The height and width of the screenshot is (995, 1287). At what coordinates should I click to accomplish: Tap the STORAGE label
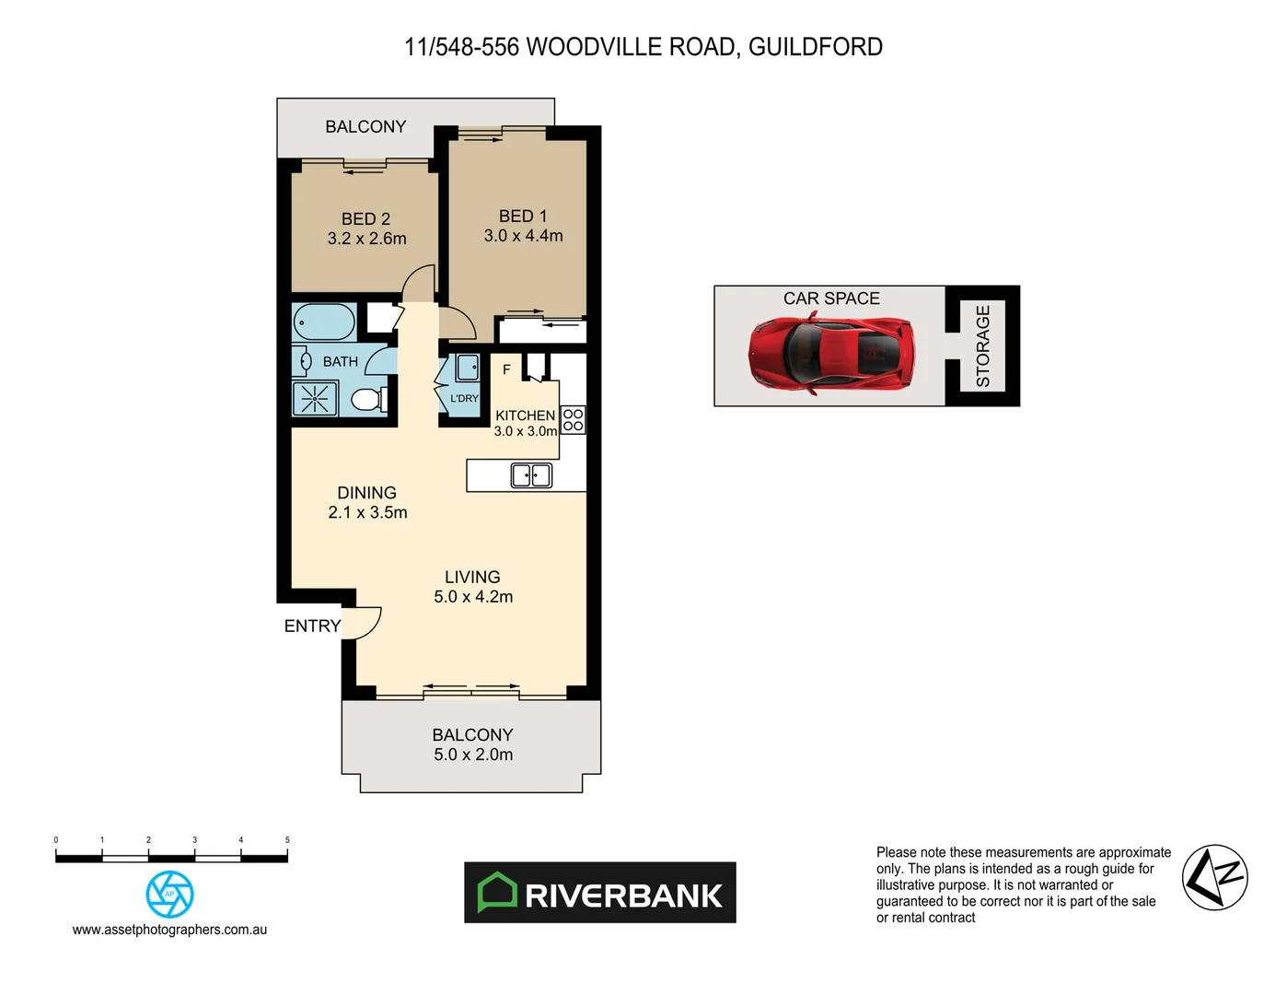pyautogui.click(x=982, y=345)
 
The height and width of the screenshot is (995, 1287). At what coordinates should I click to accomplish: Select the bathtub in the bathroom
pyautogui.click(x=324, y=322)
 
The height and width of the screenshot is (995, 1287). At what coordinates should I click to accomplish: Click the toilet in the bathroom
pyautogui.click(x=368, y=400)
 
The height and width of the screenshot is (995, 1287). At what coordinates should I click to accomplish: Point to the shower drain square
pyautogui.click(x=314, y=399)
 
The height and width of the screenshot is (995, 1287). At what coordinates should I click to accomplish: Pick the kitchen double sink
pyautogui.click(x=531, y=475)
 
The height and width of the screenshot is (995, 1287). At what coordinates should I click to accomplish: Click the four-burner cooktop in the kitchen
pyautogui.click(x=573, y=420)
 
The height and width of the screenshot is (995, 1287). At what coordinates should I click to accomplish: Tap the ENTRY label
pyautogui.click(x=312, y=626)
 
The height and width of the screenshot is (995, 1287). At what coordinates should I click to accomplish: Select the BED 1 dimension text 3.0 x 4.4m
pyautogui.click(x=523, y=236)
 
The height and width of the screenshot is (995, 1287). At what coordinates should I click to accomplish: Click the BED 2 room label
pyautogui.click(x=365, y=218)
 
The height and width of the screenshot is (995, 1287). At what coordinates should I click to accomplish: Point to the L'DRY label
pyautogui.click(x=464, y=398)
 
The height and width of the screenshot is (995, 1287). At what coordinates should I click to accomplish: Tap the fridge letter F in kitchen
pyautogui.click(x=506, y=369)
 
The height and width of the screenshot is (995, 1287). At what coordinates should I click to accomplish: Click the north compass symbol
pyautogui.click(x=1214, y=877)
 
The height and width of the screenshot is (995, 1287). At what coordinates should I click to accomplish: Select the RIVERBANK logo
pyautogui.click(x=600, y=893)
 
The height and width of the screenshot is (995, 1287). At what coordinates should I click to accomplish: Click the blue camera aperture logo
pyautogui.click(x=169, y=894)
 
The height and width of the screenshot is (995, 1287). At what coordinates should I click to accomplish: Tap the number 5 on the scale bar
pyautogui.click(x=287, y=839)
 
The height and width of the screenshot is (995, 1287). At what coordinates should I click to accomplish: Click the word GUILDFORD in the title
pyautogui.click(x=815, y=47)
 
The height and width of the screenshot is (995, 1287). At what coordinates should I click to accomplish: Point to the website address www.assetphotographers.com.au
pyautogui.click(x=169, y=930)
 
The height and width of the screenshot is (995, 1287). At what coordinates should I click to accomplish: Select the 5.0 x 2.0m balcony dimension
pyautogui.click(x=473, y=755)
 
